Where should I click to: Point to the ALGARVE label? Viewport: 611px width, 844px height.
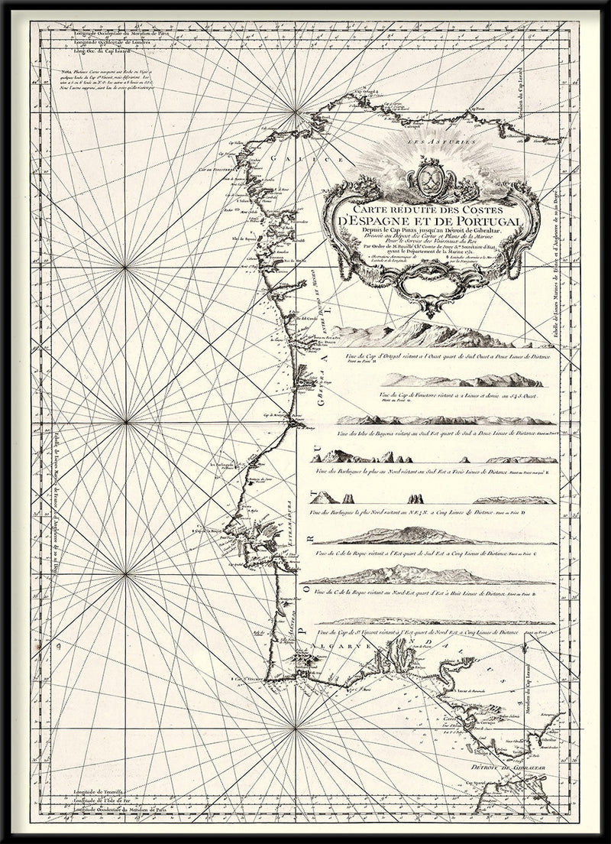pos(347,646)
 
